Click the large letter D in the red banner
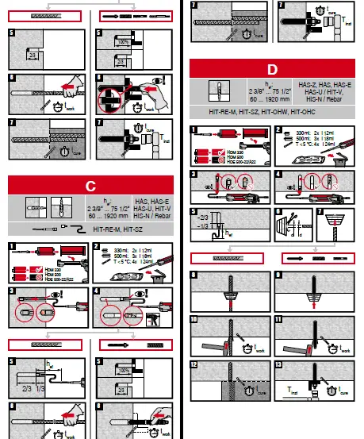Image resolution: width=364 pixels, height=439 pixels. coord(272,70)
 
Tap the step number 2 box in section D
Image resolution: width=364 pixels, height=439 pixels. coord(279,129)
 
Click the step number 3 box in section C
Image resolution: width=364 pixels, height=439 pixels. coord(12,291)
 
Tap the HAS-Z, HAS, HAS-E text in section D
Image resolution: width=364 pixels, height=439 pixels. coord(320,83)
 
